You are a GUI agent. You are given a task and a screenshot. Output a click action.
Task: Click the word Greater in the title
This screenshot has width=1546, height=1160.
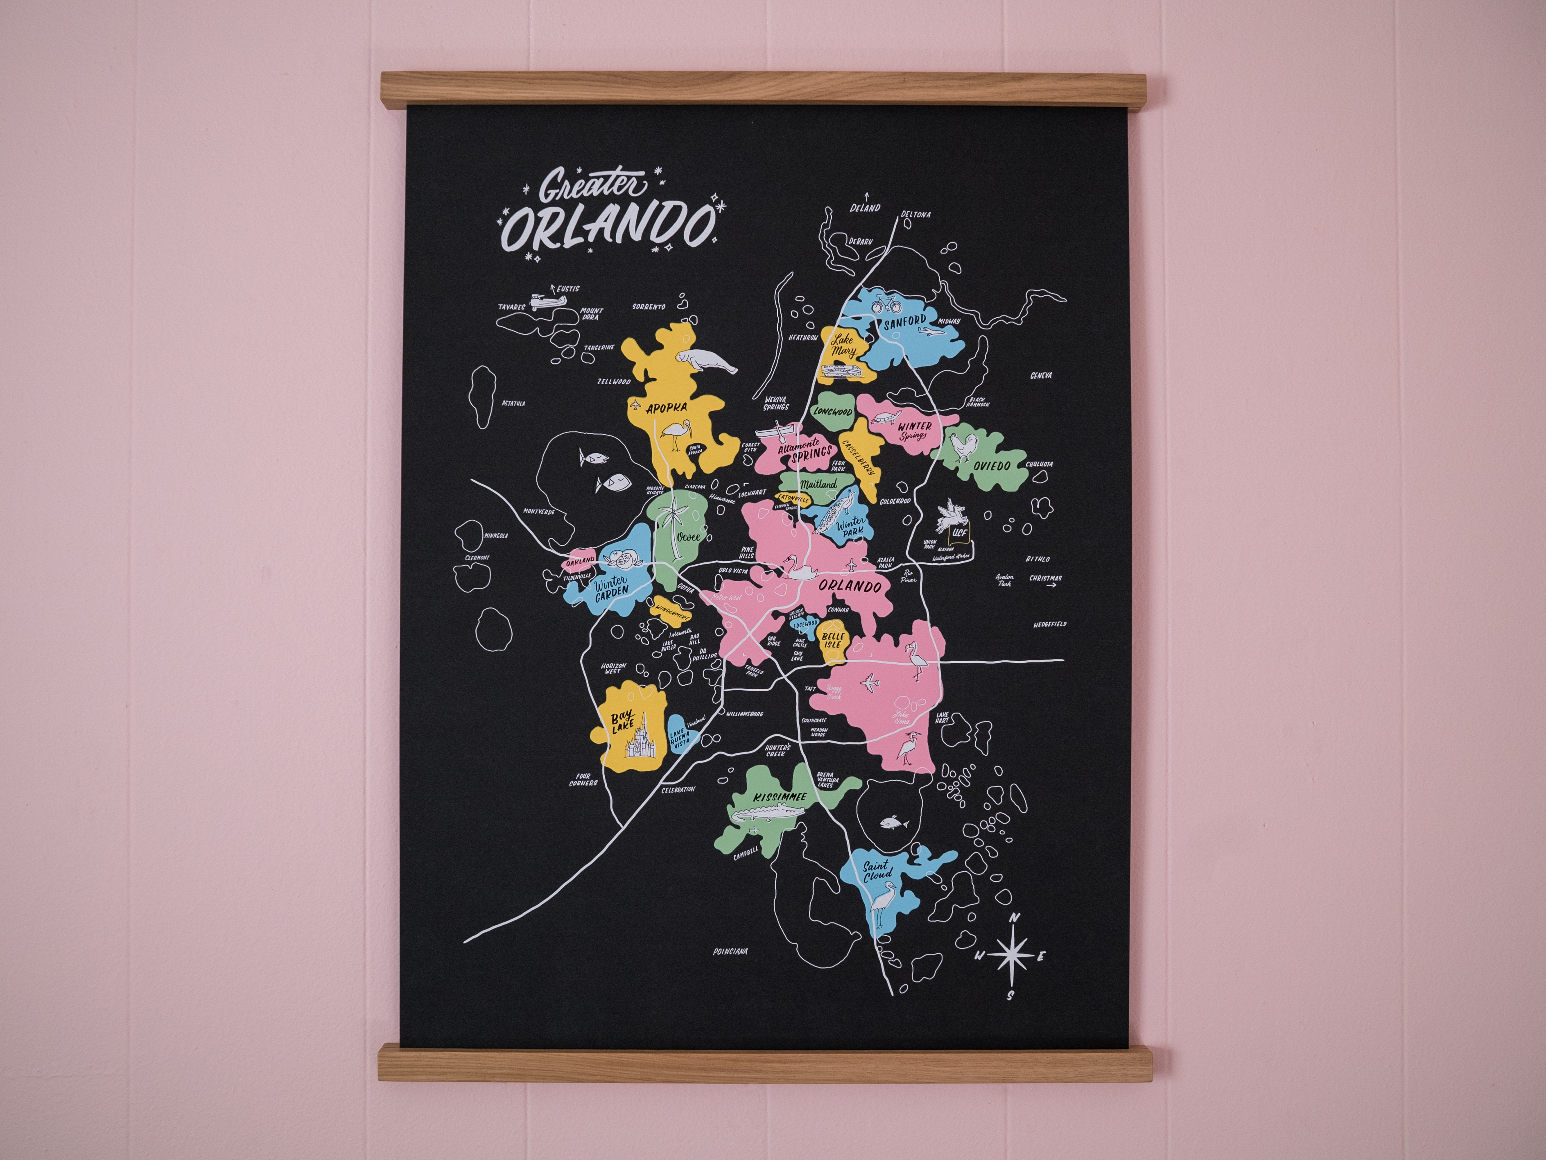click(593, 187)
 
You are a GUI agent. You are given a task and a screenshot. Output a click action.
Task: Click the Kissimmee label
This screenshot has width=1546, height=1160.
click(780, 797)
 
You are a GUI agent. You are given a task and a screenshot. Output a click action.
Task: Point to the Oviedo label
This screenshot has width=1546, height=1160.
click(991, 465)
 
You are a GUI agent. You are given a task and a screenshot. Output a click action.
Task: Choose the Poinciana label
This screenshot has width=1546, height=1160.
click(730, 952)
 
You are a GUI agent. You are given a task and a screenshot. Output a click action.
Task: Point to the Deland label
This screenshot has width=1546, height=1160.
click(865, 208)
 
